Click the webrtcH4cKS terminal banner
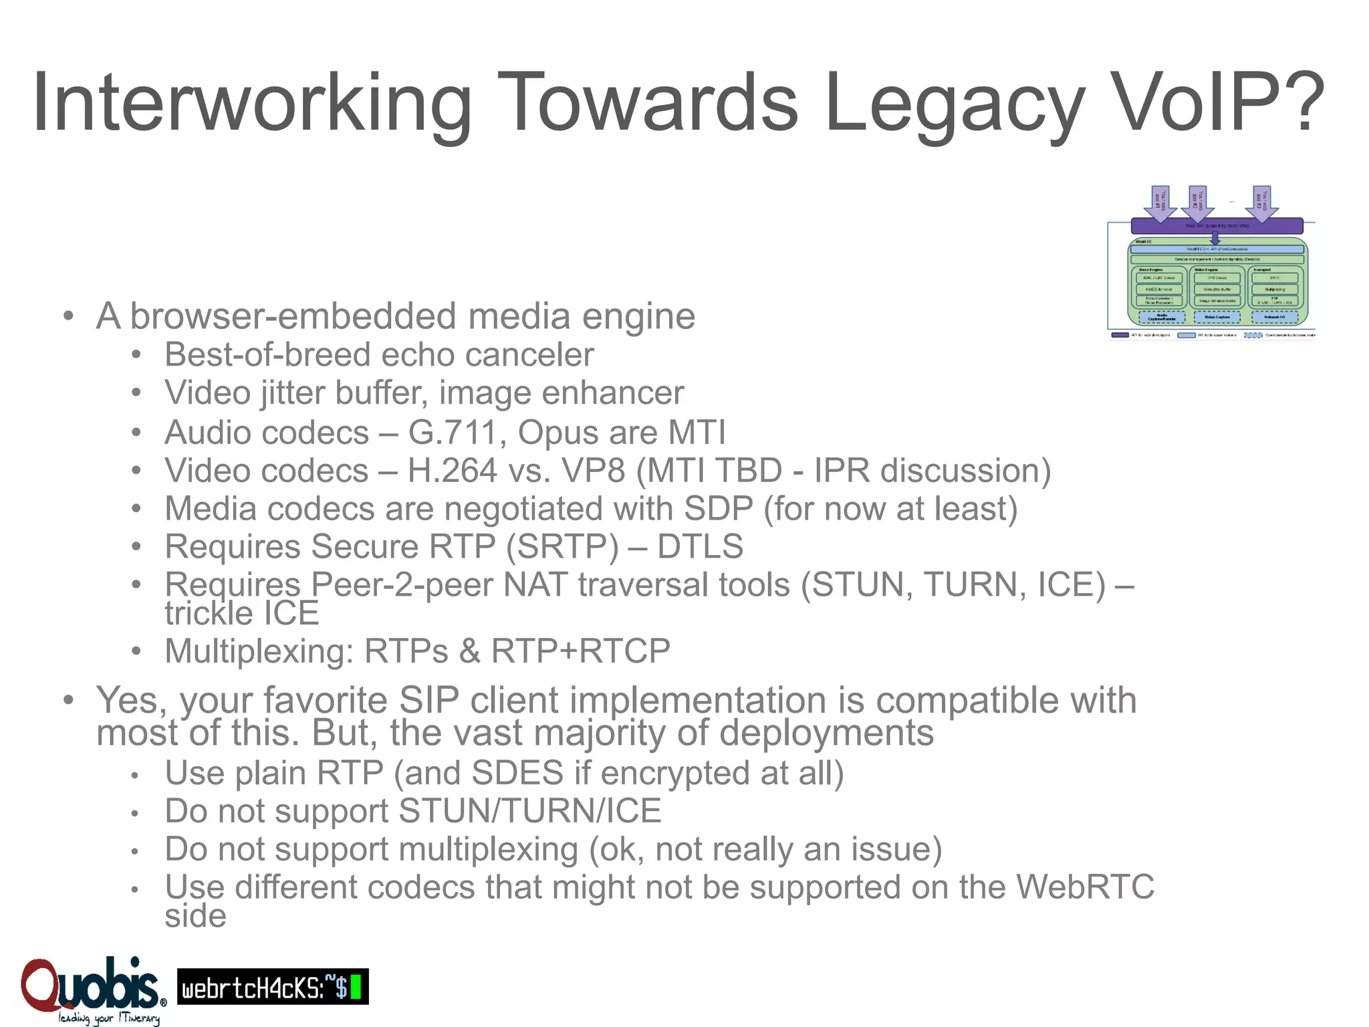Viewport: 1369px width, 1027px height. tap(272, 987)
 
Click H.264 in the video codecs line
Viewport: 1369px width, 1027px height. tap(453, 471)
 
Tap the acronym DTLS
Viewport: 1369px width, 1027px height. tap(700, 546)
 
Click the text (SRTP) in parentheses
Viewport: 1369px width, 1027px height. tap(562, 546)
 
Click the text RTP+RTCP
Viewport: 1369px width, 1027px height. tap(581, 651)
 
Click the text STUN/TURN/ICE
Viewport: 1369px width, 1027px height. tap(529, 811)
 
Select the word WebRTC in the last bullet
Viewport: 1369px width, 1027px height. tap(1085, 887)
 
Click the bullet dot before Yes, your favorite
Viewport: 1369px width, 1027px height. tap(68, 701)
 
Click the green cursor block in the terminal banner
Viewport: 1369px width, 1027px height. tap(356, 988)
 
